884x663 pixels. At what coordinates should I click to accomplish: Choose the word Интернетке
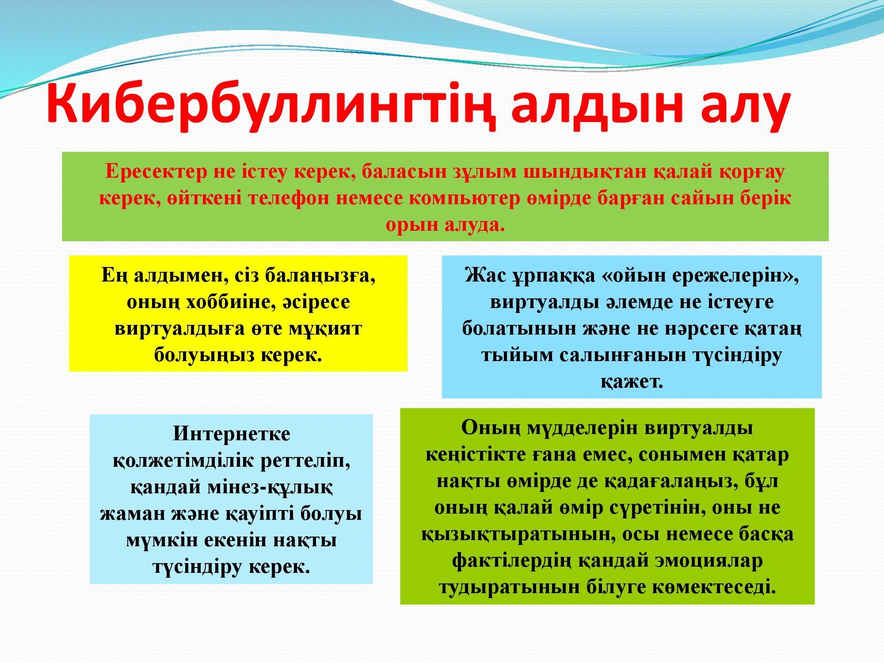(x=232, y=434)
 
